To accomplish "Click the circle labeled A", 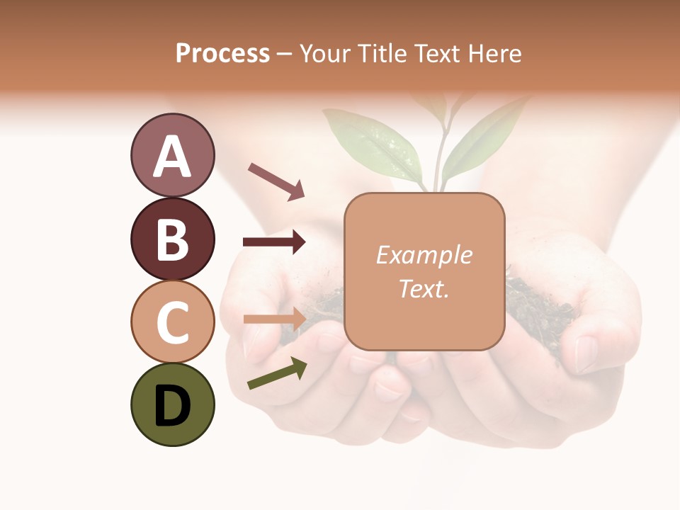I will pyautogui.click(x=172, y=155).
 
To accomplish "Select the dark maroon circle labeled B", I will pyautogui.click(x=172, y=239).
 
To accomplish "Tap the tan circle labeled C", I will pyautogui.click(x=172, y=322).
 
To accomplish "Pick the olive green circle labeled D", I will pyautogui.click(x=172, y=404).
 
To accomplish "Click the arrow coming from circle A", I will pyautogui.click(x=276, y=181).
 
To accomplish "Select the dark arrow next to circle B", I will pyautogui.click(x=274, y=242).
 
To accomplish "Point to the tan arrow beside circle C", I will pyautogui.click(x=274, y=318).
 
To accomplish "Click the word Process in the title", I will pyautogui.click(x=222, y=54).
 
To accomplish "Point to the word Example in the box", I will pyautogui.click(x=424, y=255).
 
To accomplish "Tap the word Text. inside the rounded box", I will pyautogui.click(x=424, y=288).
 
